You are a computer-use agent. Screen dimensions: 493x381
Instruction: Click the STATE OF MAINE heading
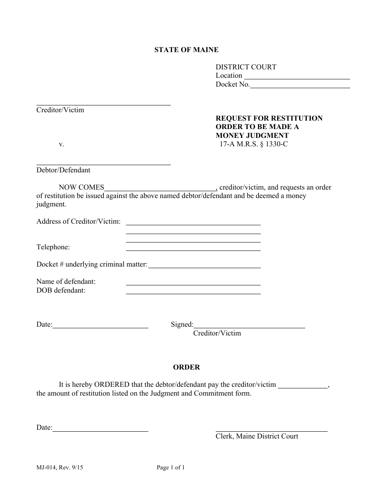[x=186, y=50]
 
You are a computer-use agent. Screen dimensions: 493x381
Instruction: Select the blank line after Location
[x=297, y=76]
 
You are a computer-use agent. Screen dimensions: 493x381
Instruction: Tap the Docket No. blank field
[x=300, y=85]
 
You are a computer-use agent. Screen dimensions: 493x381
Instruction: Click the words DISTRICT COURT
[x=246, y=67]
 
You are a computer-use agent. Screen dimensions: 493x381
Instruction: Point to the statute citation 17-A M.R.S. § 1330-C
[x=253, y=144]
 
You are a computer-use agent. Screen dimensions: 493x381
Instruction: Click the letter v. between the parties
[x=61, y=144]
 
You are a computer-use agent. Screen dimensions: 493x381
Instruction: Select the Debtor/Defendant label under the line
[x=63, y=170]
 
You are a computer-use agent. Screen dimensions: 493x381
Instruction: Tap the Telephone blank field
[x=193, y=248]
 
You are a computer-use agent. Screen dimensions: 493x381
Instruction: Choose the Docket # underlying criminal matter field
[x=204, y=265]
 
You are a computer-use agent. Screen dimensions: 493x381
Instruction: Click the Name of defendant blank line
[x=193, y=282]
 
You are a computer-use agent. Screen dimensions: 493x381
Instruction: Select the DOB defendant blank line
[x=193, y=291]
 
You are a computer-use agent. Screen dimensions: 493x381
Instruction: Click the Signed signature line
[x=249, y=325]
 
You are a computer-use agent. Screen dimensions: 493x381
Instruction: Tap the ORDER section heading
[x=186, y=367]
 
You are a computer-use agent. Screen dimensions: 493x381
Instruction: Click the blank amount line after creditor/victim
[x=303, y=385]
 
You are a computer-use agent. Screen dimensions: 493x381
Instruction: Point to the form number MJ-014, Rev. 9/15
[x=61, y=467]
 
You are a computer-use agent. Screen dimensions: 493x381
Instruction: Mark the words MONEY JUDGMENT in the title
[x=252, y=135]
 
